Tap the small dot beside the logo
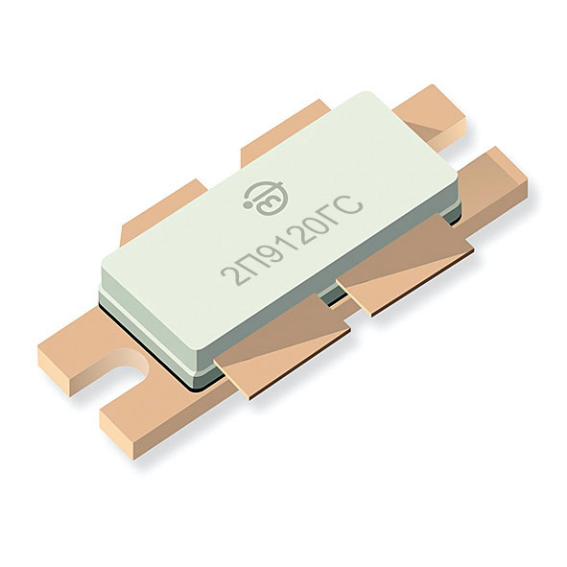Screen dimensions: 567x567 (248, 205)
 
